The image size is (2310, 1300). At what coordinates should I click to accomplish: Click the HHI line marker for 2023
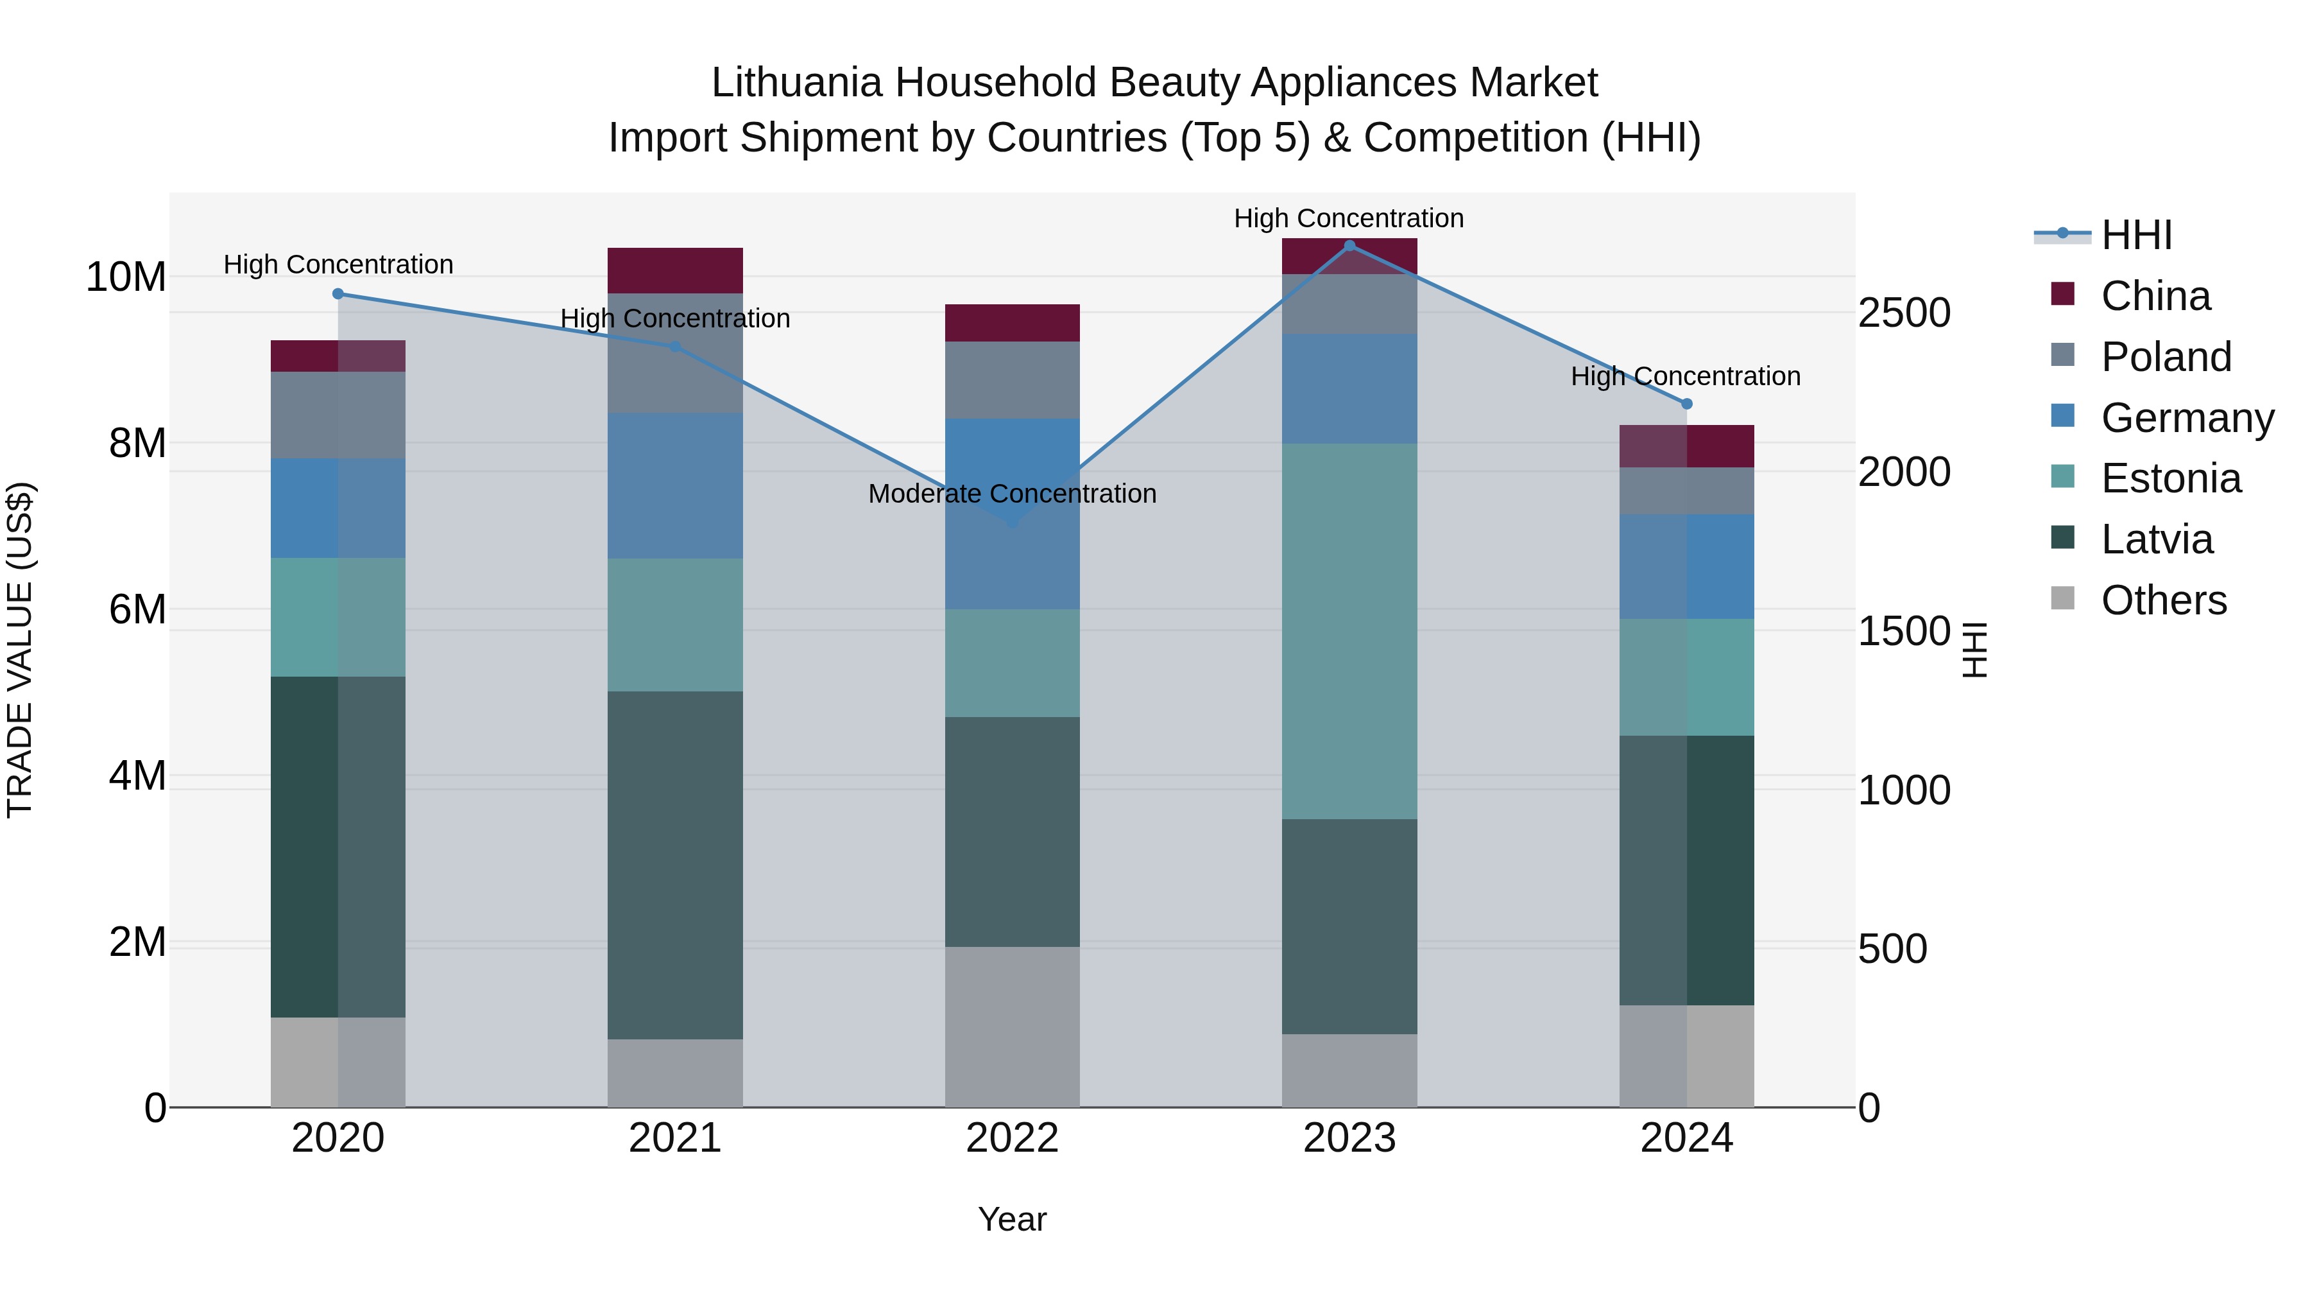tap(1349, 246)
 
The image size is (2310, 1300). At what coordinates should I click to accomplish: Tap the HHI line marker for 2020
tap(338, 293)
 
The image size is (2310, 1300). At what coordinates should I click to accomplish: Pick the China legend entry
tap(2155, 296)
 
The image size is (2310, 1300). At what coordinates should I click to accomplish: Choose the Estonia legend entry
tap(2170, 478)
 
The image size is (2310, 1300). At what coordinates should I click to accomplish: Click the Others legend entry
tap(2163, 600)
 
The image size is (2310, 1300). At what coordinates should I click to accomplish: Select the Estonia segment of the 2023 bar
tap(1349, 630)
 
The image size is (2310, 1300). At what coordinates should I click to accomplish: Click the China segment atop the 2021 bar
tap(674, 270)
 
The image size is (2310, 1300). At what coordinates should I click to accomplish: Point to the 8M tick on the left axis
tap(136, 443)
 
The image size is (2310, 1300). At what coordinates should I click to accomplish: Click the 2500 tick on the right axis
tap(1904, 313)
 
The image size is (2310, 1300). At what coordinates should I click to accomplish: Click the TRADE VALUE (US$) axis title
tap(20, 650)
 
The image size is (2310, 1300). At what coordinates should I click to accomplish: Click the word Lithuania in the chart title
tap(796, 83)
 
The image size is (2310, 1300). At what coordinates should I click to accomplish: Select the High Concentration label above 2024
tap(1685, 376)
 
